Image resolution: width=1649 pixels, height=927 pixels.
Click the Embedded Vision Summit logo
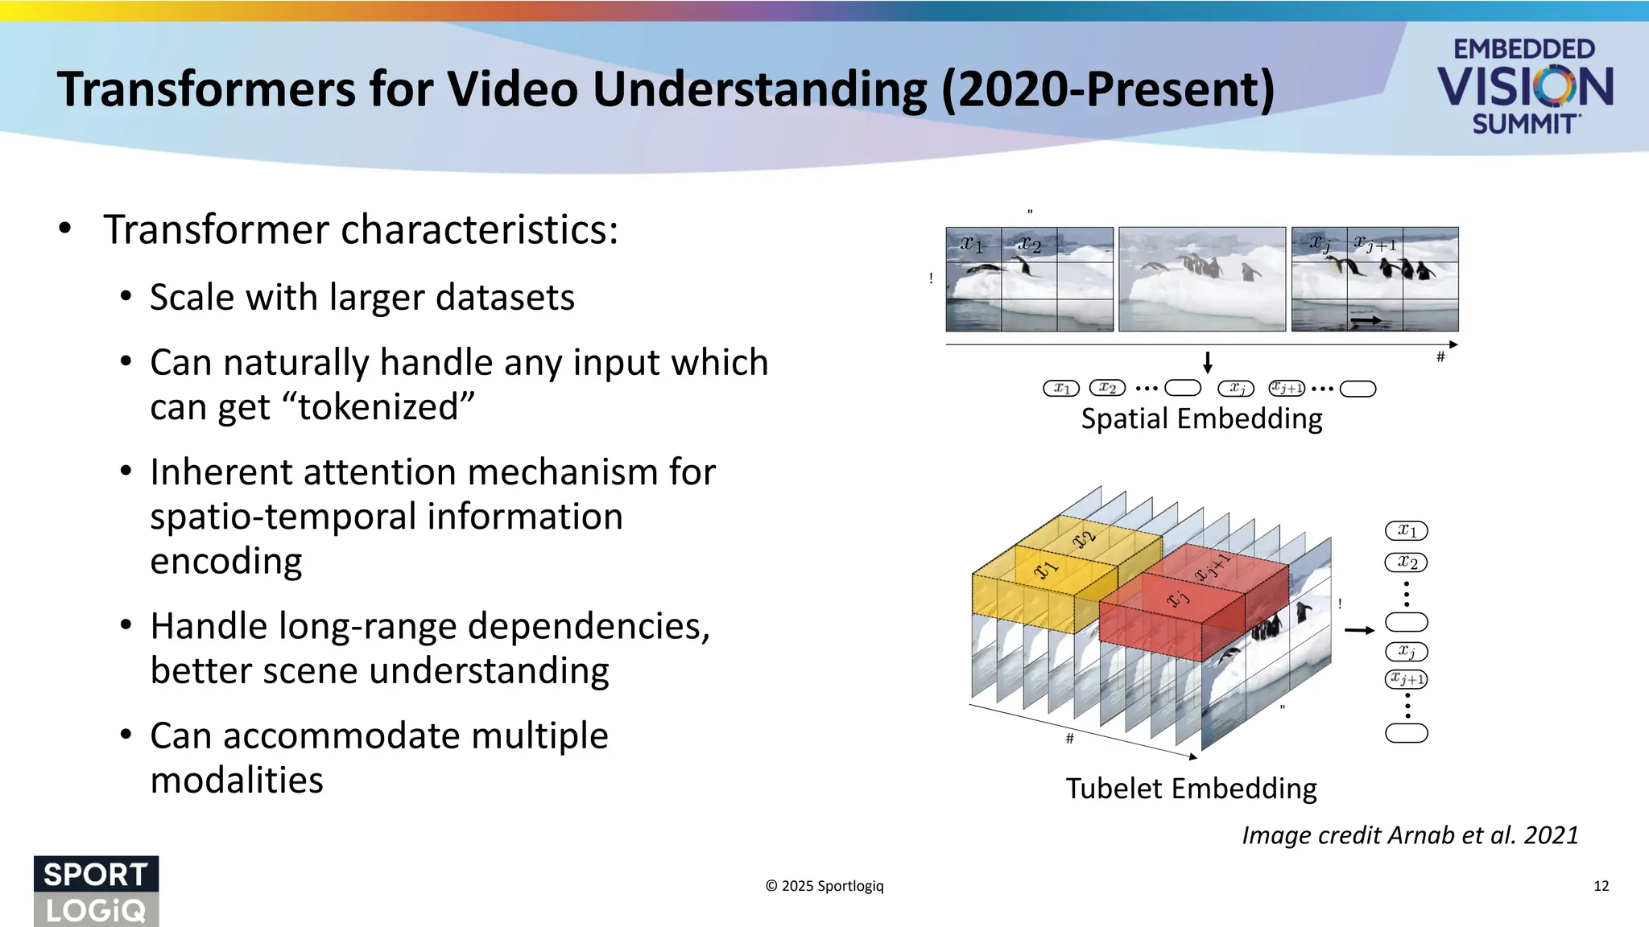coord(1524,87)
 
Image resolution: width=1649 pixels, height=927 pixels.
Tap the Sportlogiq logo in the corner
coord(96,891)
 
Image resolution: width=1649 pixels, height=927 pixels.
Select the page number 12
coord(1601,886)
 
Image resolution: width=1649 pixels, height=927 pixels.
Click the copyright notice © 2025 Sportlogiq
coord(824,886)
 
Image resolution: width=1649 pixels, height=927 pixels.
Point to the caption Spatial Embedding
coord(1201,419)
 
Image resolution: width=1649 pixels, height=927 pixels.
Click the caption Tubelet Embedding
coord(1191,789)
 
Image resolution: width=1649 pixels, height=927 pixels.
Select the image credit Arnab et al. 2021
coord(1410,835)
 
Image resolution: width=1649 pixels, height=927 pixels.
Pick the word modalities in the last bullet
coord(237,781)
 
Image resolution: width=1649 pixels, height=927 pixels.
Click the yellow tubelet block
coord(1047,579)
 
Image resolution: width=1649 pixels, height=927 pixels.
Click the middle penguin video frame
coord(1201,279)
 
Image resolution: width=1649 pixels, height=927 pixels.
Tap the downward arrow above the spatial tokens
coord(1207,363)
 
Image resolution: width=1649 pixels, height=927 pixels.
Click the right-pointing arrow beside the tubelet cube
coord(1359,630)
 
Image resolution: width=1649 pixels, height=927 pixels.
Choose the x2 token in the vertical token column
coord(1406,562)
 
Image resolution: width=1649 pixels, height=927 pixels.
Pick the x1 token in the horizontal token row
coord(1060,389)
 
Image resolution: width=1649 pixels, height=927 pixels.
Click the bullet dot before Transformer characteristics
coord(65,229)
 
